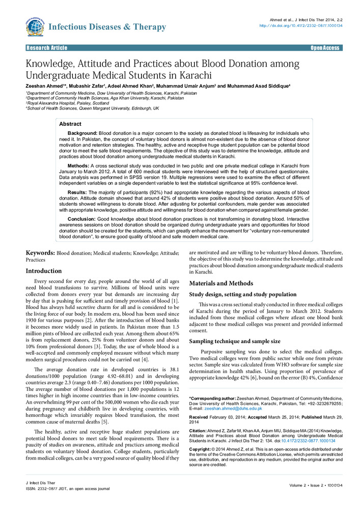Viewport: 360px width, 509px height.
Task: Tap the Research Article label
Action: coord(47,48)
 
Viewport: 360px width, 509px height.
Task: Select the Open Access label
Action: coord(325,48)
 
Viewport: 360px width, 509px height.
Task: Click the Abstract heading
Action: coord(70,124)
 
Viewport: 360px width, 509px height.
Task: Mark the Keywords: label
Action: coord(40,252)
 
